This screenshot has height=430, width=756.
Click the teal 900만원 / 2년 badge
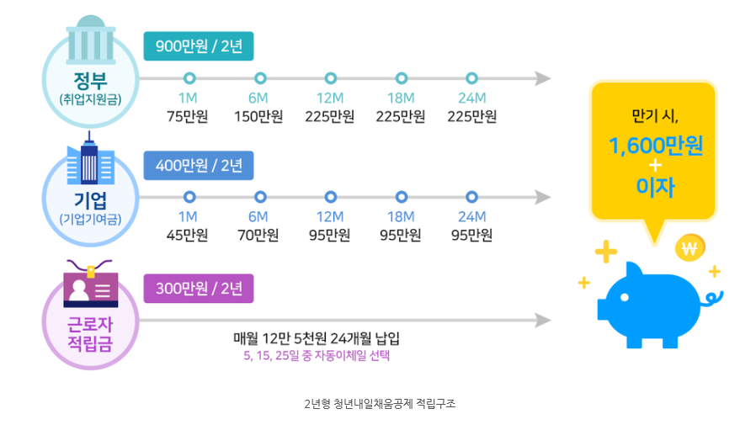click(199, 46)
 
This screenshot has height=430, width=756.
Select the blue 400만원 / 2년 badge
click(199, 165)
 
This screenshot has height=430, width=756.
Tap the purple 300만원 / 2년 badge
click(199, 289)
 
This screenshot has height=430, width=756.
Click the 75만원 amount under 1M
click(188, 116)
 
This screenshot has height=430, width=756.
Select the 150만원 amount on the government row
click(258, 116)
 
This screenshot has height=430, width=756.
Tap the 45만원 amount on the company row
click(188, 235)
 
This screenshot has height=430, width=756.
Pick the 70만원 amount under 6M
click(258, 235)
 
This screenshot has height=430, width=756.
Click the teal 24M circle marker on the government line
click(472, 78)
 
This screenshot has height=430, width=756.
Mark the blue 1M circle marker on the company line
click(189, 197)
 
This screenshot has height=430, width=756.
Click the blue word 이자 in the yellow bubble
click(656, 186)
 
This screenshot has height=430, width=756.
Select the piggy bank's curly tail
click(714, 297)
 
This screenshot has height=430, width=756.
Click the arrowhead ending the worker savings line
click(543, 321)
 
